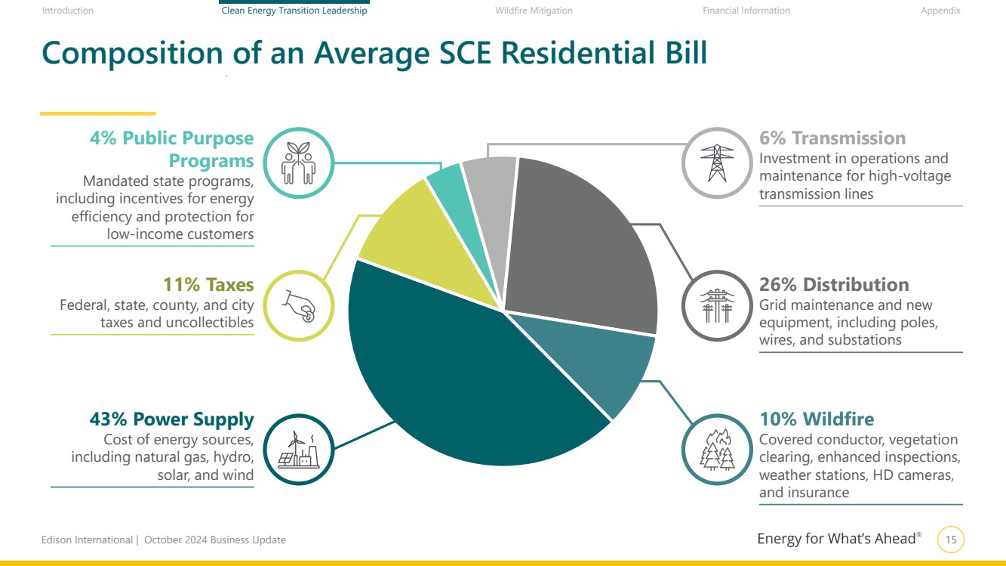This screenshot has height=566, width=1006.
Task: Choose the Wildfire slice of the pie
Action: (604, 363)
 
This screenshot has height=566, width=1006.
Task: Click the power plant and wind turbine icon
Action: (299, 450)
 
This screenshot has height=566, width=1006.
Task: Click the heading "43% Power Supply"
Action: (171, 419)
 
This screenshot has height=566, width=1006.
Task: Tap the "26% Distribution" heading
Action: (834, 285)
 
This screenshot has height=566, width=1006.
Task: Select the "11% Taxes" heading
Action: (208, 285)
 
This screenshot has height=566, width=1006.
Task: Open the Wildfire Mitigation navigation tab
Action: (534, 11)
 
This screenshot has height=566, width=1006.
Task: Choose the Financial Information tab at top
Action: (746, 11)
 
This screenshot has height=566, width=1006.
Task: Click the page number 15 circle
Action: (951, 540)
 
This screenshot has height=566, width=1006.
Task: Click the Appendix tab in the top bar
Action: (940, 11)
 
